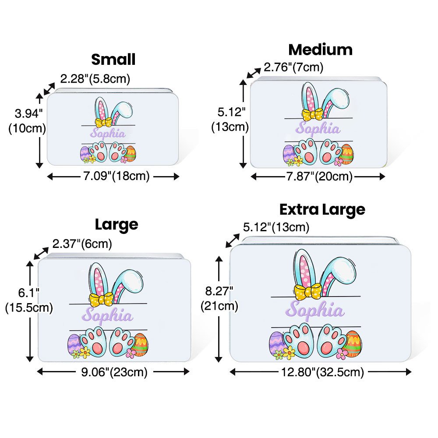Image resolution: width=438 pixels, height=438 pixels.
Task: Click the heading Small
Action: (113, 59)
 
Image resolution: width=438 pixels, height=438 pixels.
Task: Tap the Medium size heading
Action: (320, 49)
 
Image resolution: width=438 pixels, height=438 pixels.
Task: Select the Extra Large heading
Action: (322, 209)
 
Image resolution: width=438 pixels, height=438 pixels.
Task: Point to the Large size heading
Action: (117, 225)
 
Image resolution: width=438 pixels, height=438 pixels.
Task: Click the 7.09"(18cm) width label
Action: (113, 177)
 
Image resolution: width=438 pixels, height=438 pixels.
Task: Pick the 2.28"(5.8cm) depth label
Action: (95, 79)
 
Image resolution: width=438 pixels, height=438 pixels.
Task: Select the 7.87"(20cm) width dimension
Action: (318, 177)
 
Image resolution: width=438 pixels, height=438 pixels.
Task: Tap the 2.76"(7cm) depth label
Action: (293, 67)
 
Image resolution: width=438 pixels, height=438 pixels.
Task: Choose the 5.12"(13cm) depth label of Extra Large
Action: (276, 227)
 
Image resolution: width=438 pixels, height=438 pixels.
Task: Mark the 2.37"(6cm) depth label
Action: (82, 243)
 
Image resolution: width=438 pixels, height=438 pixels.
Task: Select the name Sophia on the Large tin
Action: (107, 315)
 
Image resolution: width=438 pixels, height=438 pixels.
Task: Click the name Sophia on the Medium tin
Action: (318, 129)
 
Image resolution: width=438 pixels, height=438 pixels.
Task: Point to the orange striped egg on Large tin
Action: (140, 344)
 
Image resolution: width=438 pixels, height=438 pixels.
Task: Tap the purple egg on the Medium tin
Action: (289, 154)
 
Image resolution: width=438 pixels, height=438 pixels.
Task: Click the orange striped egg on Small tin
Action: (130, 154)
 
